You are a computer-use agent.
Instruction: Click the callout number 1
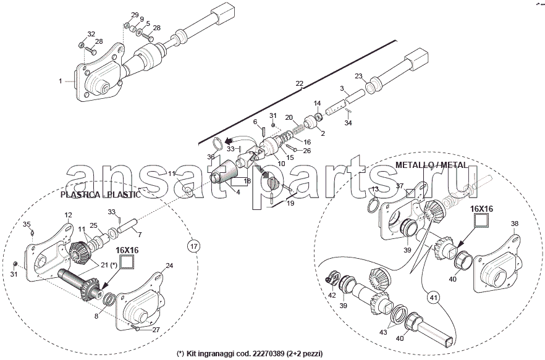tap(61, 81)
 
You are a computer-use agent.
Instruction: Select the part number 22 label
tap(300, 83)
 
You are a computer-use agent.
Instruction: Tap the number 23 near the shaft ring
tap(358, 77)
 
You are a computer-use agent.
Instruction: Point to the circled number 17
tap(193, 246)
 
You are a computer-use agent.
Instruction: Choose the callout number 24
tap(169, 266)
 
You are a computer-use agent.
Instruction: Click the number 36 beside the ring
tap(211, 157)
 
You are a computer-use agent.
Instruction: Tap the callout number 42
tap(332, 296)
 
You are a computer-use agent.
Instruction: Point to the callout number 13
tap(375, 189)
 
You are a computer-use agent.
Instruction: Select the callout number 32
tap(91, 34)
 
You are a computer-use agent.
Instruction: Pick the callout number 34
tap(348, 123)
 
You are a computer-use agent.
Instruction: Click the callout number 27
tap(156, 330)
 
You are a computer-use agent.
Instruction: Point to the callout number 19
tap(290, 203)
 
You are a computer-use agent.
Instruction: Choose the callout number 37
tap(400, 186)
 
